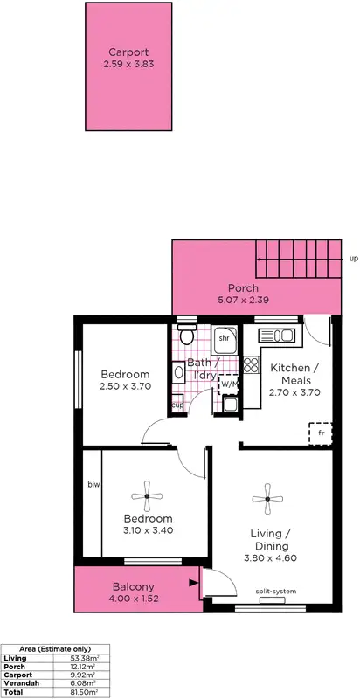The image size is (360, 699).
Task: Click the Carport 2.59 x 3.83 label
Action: point(122,58)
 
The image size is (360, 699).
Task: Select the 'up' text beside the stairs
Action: point(353,259)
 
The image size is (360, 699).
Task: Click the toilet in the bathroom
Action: point(185,337)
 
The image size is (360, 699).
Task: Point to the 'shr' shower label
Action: point(223,337)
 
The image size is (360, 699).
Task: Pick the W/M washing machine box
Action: point(229,384)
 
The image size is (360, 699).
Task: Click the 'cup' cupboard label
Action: point(177,404)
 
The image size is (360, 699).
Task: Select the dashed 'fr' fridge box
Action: point(320,433)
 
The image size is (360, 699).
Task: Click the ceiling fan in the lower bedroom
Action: point(148,496)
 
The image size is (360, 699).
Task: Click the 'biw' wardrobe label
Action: point(93,483)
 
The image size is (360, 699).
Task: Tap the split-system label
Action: point(275,592)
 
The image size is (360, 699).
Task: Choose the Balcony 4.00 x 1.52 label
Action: point(134,592)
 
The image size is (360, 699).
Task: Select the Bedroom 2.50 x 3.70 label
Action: point(124,380)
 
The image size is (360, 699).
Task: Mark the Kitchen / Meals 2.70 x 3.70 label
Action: point(293,381)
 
